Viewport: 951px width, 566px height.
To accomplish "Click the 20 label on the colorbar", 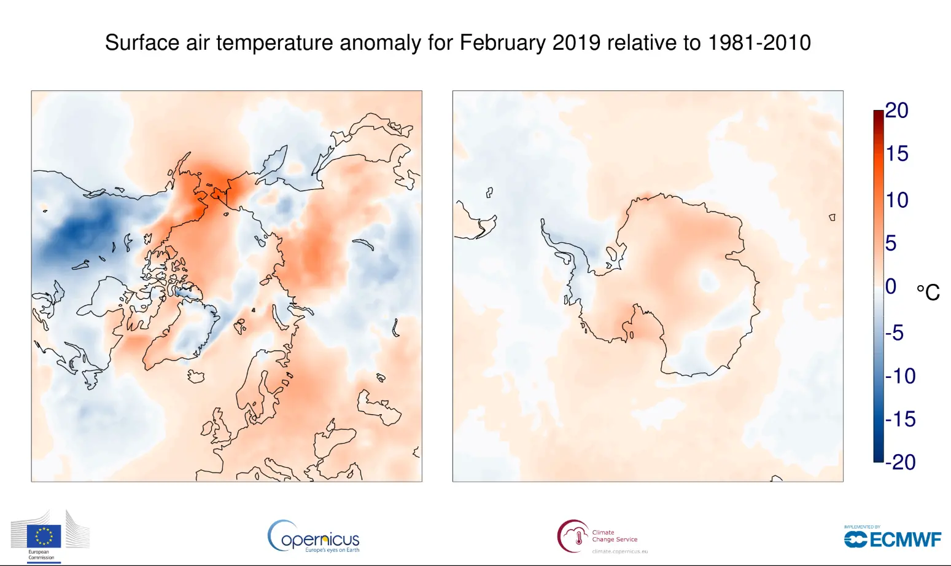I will [896, 111].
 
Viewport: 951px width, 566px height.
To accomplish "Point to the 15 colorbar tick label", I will [896, 154].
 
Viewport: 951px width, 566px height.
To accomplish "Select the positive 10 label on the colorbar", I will [896, 200].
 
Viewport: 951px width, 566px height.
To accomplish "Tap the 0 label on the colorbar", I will [891, 286].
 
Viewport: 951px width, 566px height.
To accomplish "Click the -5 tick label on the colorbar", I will [895, 333].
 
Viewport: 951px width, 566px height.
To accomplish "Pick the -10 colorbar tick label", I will [900, 376].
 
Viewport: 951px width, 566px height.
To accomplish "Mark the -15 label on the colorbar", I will [900, 419].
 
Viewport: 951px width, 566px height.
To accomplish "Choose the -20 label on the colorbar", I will [900, 462].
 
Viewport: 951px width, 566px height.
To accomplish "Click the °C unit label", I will [928, 293].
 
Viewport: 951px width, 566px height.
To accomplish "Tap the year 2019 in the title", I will [576, 43].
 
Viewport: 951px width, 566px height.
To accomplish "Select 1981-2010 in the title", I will [759, 43].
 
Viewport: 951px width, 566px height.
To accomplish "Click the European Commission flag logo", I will [44, 536].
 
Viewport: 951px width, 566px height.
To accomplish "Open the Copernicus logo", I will [314, 537].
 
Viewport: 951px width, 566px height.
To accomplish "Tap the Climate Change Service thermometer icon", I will [578, 537].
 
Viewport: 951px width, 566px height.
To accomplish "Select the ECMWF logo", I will [892, 539].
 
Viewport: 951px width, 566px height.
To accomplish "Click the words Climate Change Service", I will [615, 536].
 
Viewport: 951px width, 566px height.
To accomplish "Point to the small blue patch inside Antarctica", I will [708, 281].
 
